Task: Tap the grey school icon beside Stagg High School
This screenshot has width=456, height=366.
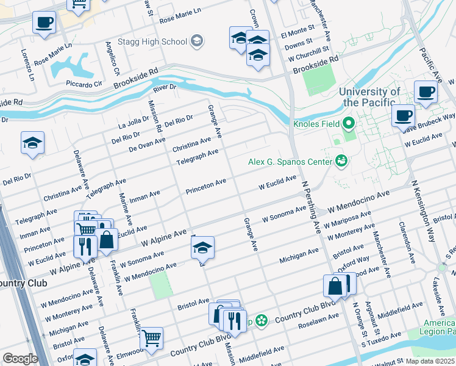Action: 196,41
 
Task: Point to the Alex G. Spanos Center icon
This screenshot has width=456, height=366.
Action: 341,161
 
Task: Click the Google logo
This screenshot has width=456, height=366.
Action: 21,358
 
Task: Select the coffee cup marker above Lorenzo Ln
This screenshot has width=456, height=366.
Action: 44,24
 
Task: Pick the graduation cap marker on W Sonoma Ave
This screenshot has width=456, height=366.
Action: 202,247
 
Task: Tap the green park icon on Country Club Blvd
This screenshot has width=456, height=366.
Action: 261,320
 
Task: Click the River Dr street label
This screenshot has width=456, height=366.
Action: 165,87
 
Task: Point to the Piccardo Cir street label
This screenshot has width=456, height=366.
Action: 85,84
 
